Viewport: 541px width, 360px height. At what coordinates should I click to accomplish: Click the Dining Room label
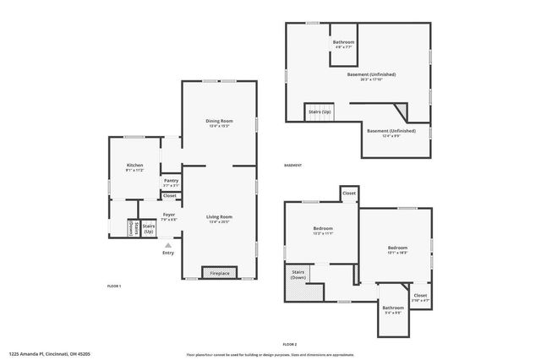coord(219,123)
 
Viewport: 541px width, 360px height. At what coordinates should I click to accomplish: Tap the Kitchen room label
coord(135,166)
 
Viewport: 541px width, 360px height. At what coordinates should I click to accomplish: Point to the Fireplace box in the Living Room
coord(219,272)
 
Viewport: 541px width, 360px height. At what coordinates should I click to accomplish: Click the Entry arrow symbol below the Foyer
coord(167,244)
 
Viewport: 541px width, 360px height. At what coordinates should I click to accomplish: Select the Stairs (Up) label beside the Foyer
coord(149,228)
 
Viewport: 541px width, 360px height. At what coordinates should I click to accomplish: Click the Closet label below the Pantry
coord(170,196)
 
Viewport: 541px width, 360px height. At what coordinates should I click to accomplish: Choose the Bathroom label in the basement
coord(343,44)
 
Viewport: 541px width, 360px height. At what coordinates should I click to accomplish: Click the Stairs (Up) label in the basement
coord(320,112)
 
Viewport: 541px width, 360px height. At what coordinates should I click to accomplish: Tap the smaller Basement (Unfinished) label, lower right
coord(391,132)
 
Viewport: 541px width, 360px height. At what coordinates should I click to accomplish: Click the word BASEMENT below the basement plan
coord(292,166)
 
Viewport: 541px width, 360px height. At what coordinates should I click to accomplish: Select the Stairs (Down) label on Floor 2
coord(298,275)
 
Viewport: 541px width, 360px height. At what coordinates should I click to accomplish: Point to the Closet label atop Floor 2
coord(349,194)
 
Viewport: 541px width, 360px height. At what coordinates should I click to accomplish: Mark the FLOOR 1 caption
coord(114,286)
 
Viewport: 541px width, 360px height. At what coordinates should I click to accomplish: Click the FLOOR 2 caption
coord(290,345)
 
